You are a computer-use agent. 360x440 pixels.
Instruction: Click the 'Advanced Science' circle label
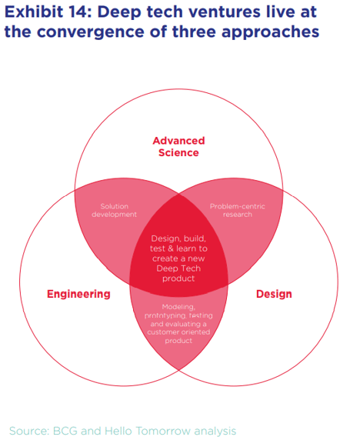pyautogui.click(x=179, y=146)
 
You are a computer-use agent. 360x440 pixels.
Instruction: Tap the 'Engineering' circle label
pyautogui.click(x=78, y=294)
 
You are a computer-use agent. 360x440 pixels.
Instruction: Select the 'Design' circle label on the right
pyautogui.click(x=274, y=294)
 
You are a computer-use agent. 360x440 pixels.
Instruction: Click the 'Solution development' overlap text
pyautogui.click(x=115, y=210)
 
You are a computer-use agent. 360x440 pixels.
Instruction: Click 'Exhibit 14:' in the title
pyautogui.click(x=45, y=12)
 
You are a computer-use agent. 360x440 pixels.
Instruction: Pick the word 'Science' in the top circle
pyautogui.click(x=179, y=152)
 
